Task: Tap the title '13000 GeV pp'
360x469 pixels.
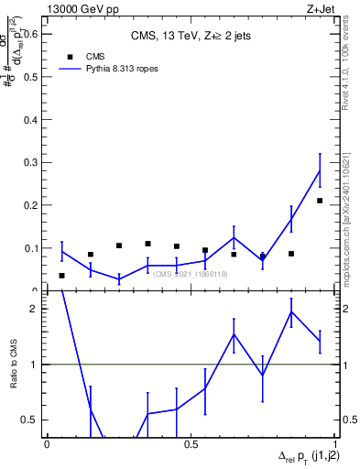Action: pos(79,8)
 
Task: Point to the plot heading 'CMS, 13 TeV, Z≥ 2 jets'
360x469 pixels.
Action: pos(191,35)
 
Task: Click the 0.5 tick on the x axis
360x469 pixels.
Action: pos(191,443)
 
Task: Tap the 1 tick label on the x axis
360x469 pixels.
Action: pos(334,443)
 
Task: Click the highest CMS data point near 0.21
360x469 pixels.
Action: pos(320,201)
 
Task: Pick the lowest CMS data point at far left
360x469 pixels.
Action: pos(61,276)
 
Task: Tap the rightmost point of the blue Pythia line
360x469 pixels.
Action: pos(320,170)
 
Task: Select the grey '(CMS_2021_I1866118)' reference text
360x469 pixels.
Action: pos(191,274)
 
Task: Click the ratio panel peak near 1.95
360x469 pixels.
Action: pos(291,312)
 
